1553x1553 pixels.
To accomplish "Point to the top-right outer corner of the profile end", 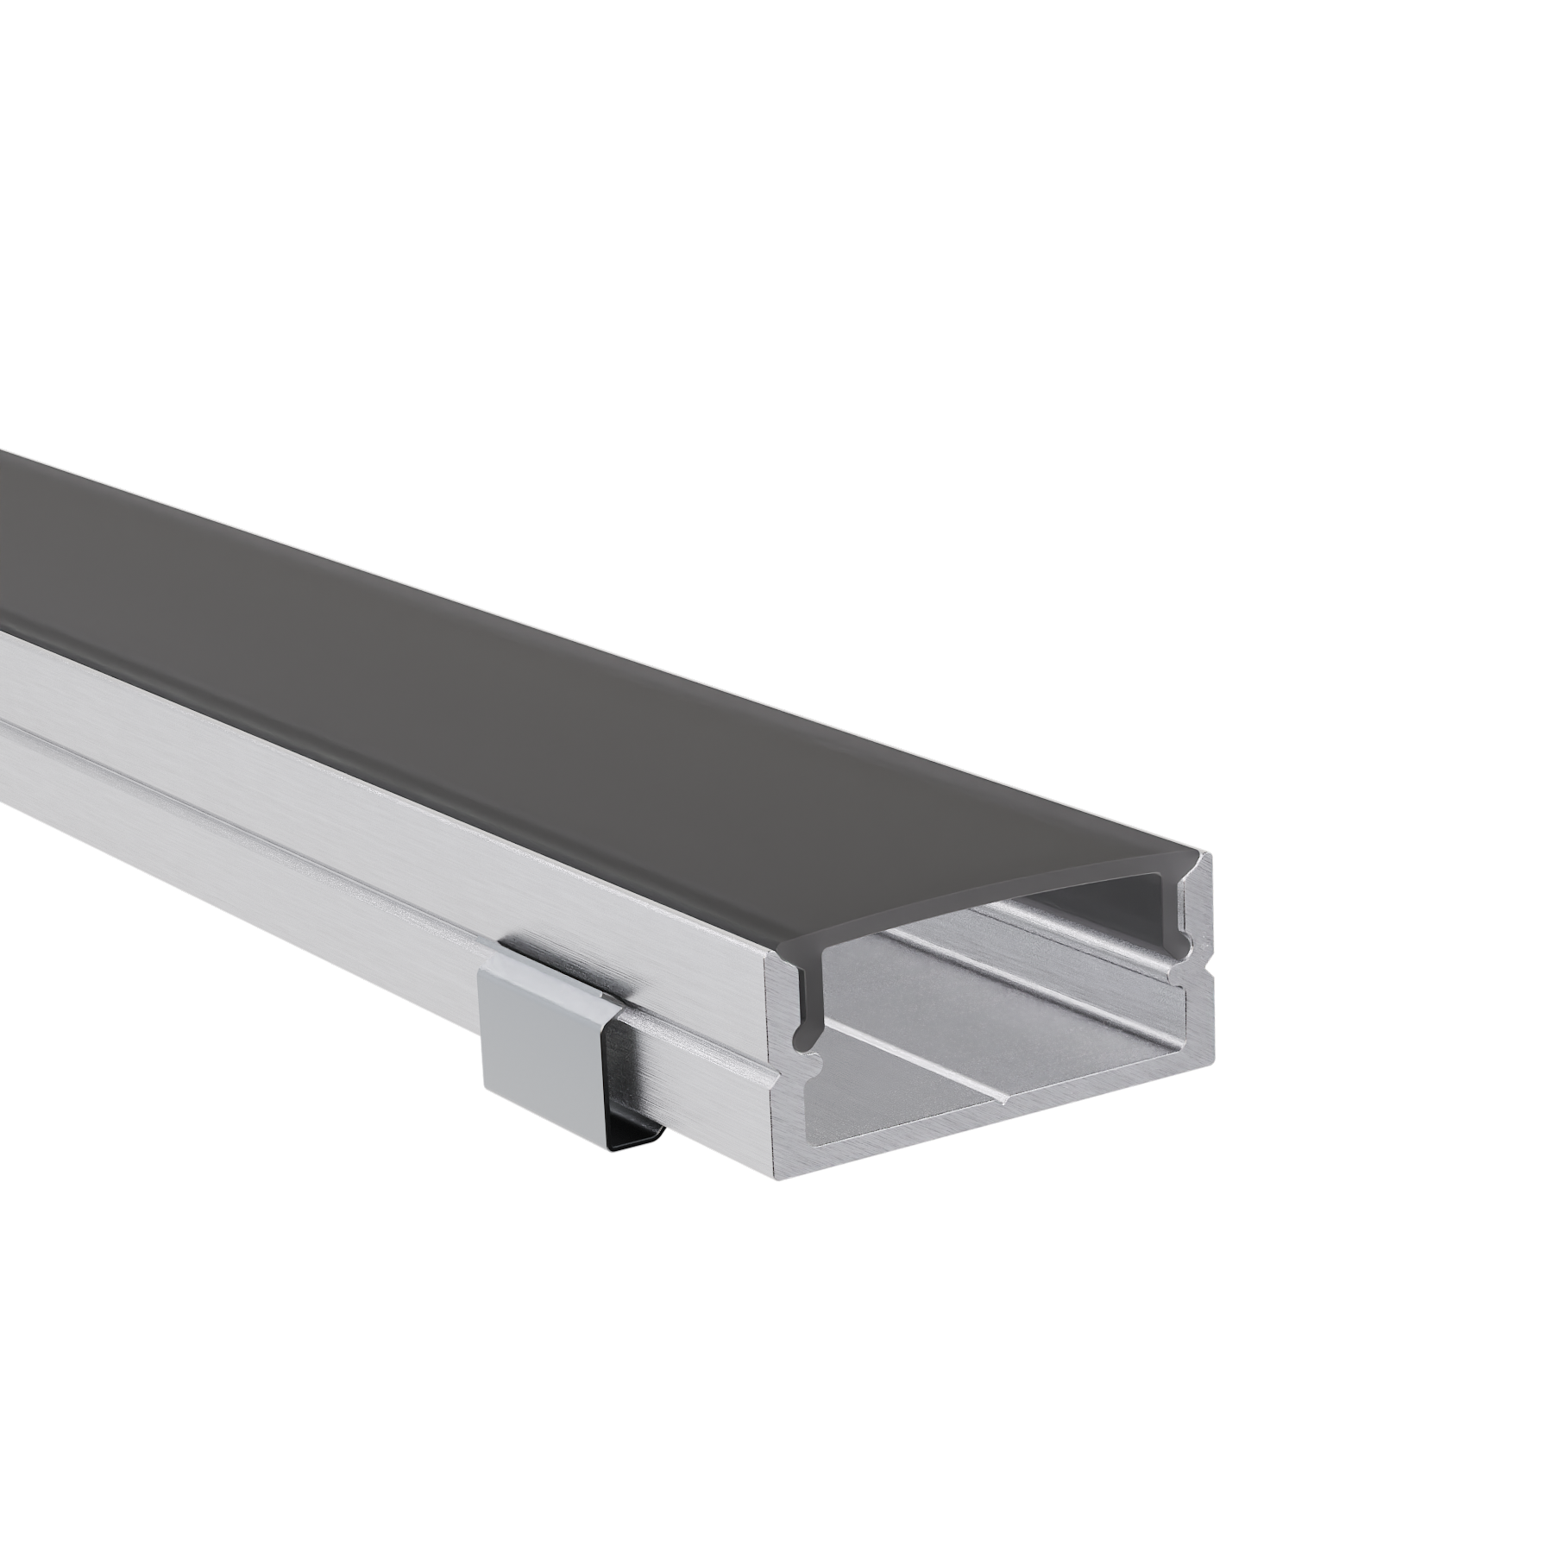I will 1212,854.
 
